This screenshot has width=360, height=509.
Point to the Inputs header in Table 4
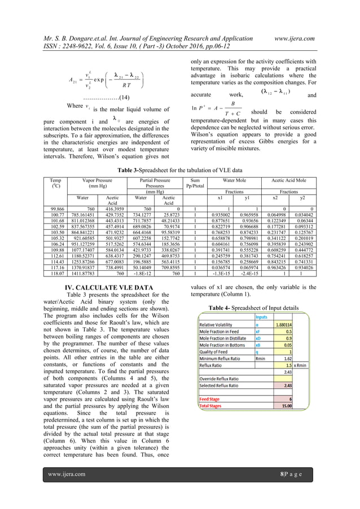click(x=262, y=317)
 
